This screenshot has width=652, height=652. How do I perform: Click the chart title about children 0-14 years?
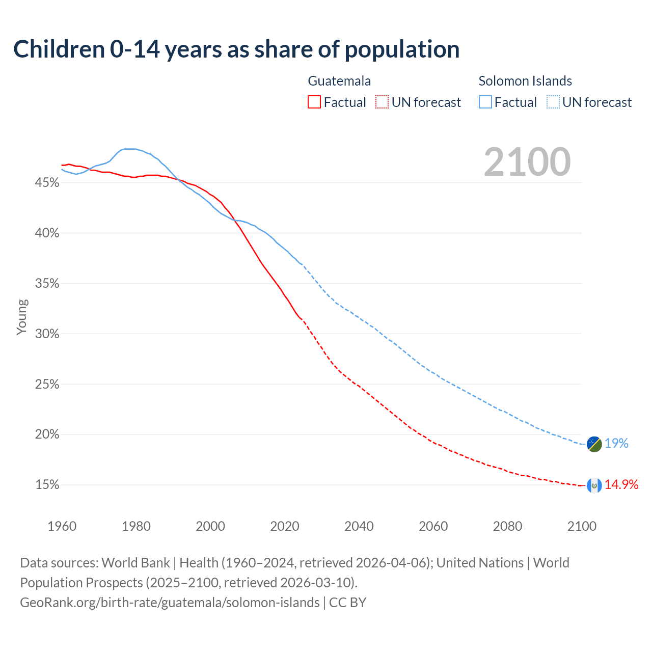click(236, 49)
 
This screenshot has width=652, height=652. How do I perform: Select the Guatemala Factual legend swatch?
click(314, 102)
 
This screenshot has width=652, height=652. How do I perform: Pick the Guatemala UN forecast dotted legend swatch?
click(382, 102)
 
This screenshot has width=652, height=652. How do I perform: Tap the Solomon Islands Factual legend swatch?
click(485, 102)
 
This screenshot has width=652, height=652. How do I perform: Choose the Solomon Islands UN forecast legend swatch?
click(553, 102)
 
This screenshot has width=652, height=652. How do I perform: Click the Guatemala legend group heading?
click(339, 81)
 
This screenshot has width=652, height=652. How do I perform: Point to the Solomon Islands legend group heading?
click(525, 81)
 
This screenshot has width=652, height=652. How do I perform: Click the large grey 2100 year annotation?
click(527, 162)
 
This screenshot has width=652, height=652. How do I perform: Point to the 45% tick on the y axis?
click(47, 182)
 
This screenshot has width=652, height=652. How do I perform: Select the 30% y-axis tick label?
click(47, 334)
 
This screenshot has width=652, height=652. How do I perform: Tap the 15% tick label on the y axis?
click(47, 485)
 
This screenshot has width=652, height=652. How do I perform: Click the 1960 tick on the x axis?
click(62, 526)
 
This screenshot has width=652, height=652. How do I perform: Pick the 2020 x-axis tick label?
click(285, 526)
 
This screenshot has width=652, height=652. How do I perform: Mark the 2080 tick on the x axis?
click(507, 526)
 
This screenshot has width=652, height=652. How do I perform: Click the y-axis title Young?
click(22, 317)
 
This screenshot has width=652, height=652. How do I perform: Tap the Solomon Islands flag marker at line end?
click(594, 444)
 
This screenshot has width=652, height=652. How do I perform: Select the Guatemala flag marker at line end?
click(594, 485)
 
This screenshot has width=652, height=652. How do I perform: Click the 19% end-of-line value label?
click(616, 444)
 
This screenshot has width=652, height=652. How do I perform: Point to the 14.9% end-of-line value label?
click(621, 485)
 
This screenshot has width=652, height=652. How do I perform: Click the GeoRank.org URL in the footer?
click(170, 603)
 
